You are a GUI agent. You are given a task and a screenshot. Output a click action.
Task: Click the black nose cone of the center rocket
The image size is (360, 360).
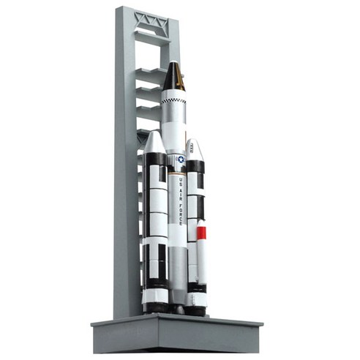[173, 77]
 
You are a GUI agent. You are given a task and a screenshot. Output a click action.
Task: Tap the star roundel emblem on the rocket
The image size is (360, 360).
[181, 159]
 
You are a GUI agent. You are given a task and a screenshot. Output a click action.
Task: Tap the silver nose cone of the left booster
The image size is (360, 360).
[154, 143]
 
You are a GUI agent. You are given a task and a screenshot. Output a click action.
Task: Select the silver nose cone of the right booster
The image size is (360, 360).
[194, 149]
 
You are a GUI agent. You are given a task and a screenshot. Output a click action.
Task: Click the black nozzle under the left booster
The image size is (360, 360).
[154, 308]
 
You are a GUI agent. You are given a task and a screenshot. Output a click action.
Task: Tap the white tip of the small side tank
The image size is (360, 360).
[202, 222]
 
